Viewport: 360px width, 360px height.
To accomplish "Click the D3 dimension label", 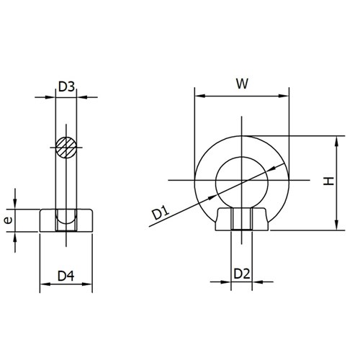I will coord(66,88).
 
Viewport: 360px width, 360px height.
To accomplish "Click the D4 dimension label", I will coord(66,275).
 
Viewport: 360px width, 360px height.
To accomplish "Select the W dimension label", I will coord(243,84).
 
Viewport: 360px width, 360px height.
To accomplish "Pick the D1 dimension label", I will coord(160,212).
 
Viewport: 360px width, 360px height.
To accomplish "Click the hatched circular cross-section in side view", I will coord(66,148).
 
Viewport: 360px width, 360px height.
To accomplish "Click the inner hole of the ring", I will coord(242,179).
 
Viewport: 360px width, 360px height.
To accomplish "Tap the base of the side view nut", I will coord(66,220).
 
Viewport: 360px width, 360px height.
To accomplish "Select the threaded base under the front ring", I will coord(242,219).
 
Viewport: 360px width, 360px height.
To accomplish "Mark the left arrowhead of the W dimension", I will coord(199,96).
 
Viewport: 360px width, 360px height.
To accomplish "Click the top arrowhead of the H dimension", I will coord(337,140).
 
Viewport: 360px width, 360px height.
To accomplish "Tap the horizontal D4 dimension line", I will coord(66,284).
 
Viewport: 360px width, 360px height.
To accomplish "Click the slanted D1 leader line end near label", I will coord(149,226).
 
